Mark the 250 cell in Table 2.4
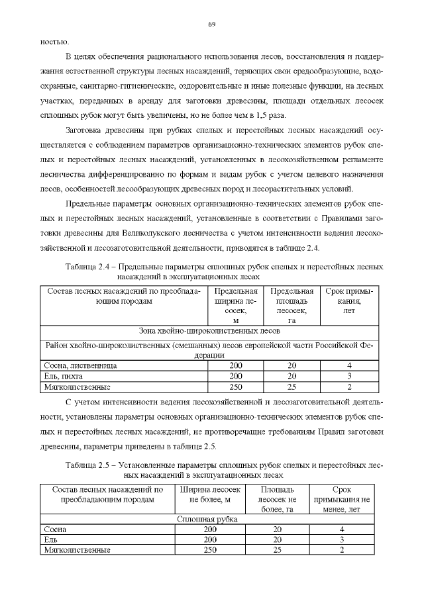pyautogui.click(x=236, y=386)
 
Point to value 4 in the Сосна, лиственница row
pyautogui.click(x=348, y=365)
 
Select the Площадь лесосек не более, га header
pyautogui.click(x=269, y=499)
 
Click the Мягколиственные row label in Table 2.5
pyautogui.click(x=76, y=550)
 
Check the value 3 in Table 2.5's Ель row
pyautogui.click(x=342, y=540)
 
